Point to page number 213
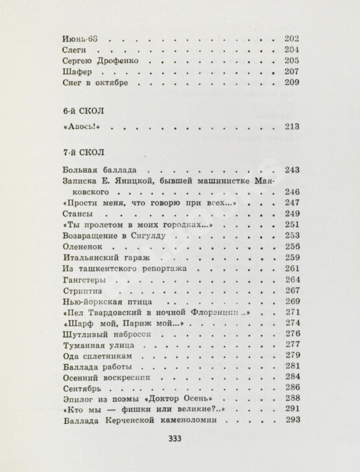292,127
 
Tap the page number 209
292,83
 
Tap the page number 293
292,421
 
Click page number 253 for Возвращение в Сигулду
292,236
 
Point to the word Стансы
67,214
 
